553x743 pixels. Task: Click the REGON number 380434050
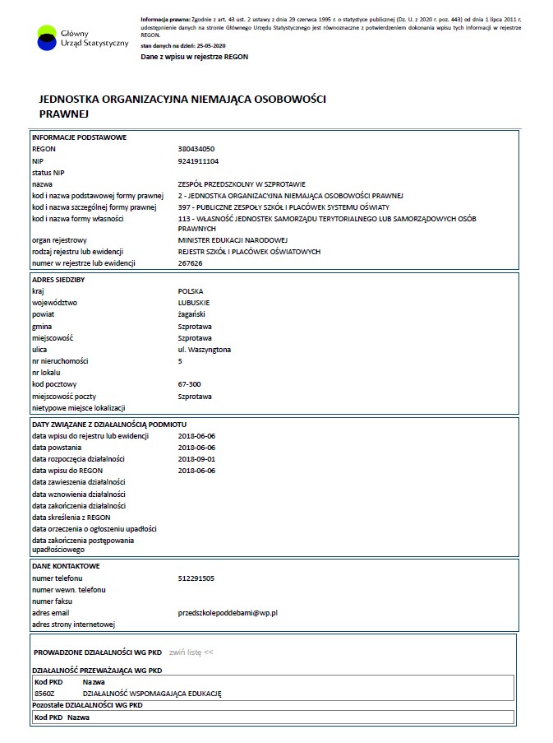click(x=196, y=149)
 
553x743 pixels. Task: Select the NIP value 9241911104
click(x=198, y=160)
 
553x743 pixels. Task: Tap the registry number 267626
click(x=190, y=263)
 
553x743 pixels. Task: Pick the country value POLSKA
click(x=190, y=291)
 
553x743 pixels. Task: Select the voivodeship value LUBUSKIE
click(x=194, y=303)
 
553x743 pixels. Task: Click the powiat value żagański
click(x=191, y=314)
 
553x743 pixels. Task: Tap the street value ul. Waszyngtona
click(x=204, y=350)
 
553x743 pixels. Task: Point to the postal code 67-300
click(x=189, y=384)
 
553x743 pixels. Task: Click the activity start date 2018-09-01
click(x=196, y=458)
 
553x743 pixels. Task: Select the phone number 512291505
click(x=196, y=578)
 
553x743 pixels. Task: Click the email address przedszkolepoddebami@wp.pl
click(x=228, y=613)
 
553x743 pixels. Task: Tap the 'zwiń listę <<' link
click(x=191, y=652)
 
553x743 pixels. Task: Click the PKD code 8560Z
click(x=46, y=694)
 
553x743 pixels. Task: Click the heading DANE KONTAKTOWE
click(x=66, y=567)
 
